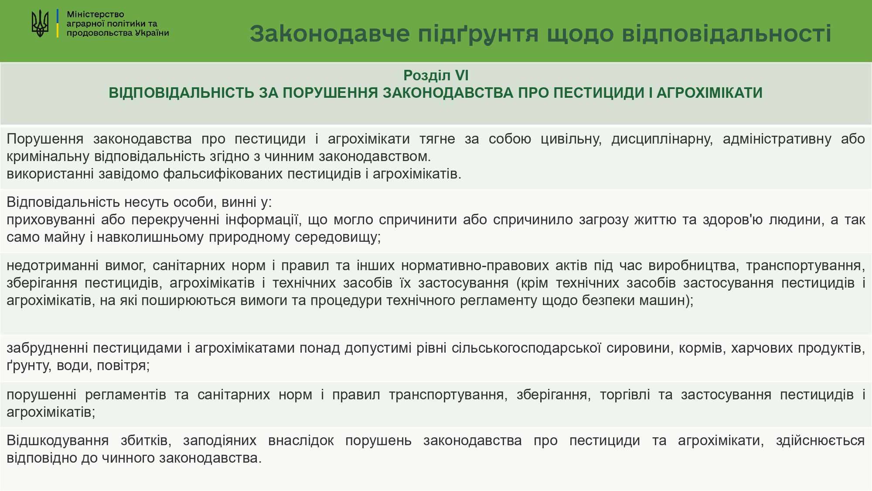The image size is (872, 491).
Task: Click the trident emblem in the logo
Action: point(40,23)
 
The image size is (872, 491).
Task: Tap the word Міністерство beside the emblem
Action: point(95,14)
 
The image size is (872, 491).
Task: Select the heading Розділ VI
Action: point(436,76)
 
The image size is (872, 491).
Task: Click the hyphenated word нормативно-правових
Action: point(475,265)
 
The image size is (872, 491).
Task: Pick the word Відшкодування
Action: point(58,440)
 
